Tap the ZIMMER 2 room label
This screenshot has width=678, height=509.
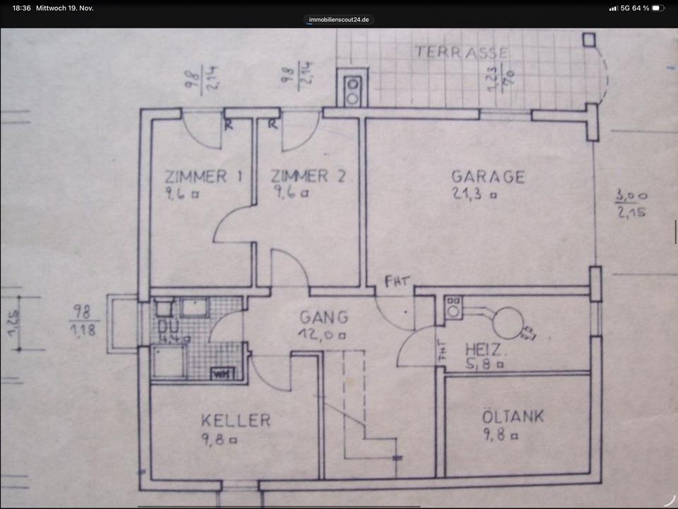click(309, 176)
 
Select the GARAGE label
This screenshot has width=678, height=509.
click(488, 176)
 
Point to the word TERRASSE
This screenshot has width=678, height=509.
click(461, 52)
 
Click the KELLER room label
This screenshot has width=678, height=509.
click(235, 421)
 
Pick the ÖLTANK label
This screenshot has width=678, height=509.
click(513, 416)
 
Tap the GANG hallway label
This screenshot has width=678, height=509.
click(323, 317)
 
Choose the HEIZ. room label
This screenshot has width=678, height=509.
click(484, 349)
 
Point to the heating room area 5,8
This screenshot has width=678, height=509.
click(480, 365)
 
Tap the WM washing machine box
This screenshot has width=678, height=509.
click(221, 373)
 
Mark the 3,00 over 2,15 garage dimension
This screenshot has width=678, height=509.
click(633, 204)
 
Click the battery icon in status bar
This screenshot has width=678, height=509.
click(657, 8)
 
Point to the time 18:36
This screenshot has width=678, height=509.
click(21, 8)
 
